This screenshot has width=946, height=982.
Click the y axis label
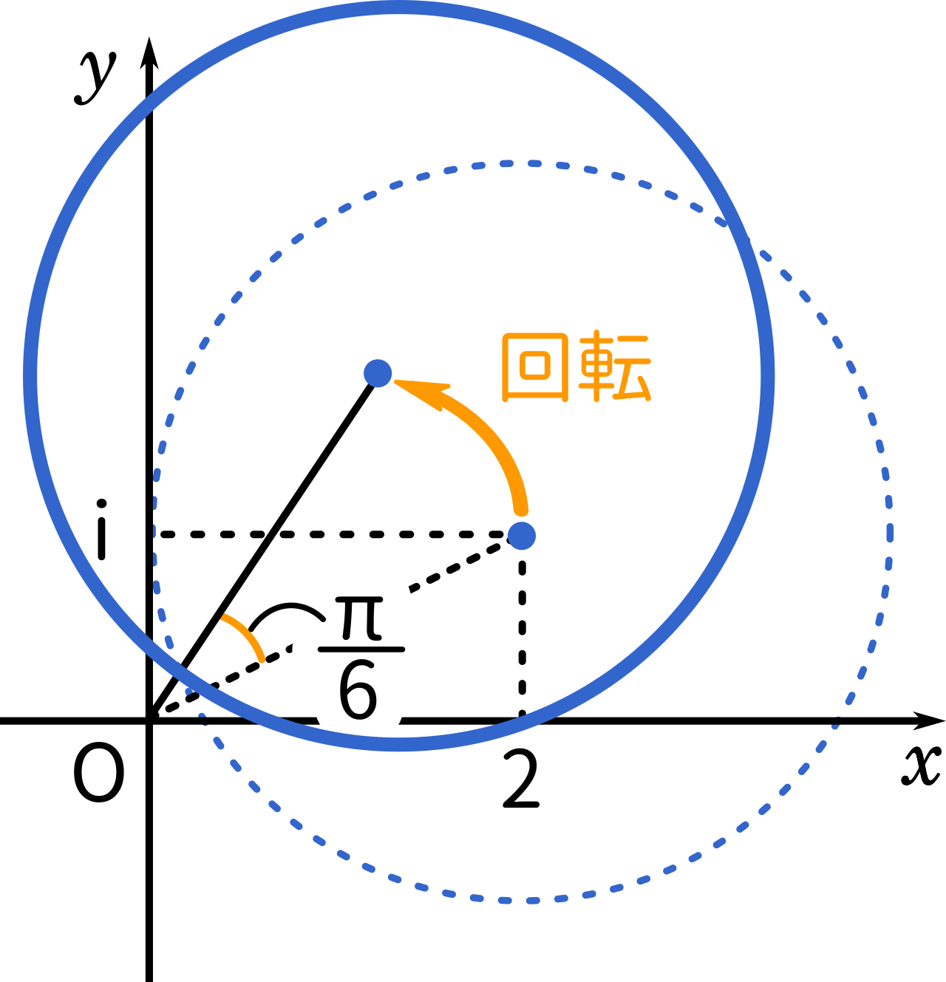pyautogui.click(x=96, y=78)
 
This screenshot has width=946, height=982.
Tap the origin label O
pyautogui.click(x=99, y=771)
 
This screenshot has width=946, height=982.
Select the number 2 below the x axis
pyautogui.click(x=521, y=780)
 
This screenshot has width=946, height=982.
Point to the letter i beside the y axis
pyautogui.click(x=101, y=530)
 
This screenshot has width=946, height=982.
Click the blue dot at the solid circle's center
pyautogui.click(x=378, y=373)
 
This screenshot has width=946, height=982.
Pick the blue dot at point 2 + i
pyautogui.click(x=522, y=536)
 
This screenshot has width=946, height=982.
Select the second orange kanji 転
pyautogui.click(x=614, y=366)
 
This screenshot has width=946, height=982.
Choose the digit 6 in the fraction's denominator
pyautogui.click(x=358, y=692)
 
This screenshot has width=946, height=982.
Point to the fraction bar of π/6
pyautogui.click(x=361, y=649)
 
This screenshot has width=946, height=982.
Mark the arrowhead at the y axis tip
pyautogui.click(x=149, y=52)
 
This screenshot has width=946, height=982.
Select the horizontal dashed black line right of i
pyautogui.click(x=330, y=534)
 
